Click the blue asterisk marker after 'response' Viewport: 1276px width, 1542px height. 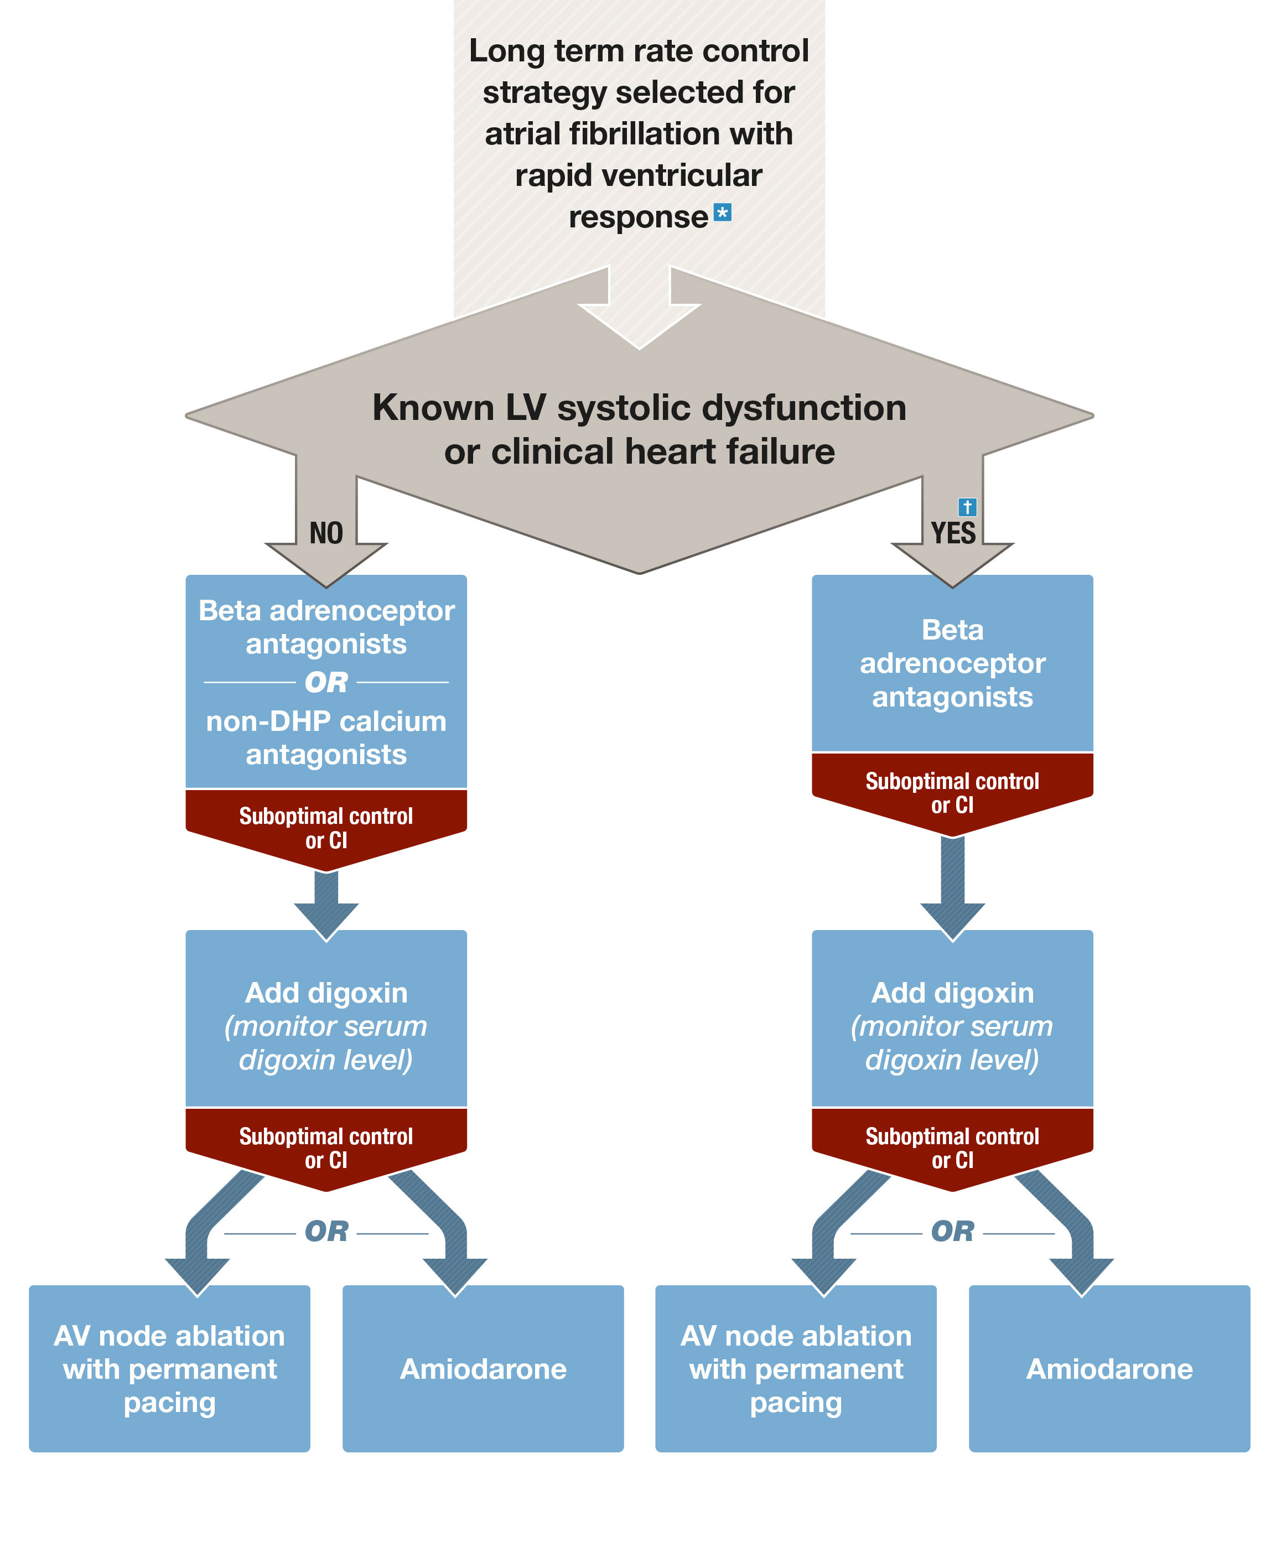723,213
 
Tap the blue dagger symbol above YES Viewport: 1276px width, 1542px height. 967,507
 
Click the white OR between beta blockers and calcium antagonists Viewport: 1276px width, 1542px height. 326,682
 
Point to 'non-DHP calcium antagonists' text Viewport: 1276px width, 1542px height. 326,738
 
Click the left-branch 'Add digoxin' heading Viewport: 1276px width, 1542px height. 326,993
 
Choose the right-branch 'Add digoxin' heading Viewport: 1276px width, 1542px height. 952,993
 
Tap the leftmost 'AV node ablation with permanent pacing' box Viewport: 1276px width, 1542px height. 169,1369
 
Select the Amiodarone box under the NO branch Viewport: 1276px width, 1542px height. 483,1369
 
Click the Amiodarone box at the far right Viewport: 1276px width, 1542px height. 1109,1369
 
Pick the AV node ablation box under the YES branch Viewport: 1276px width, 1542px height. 796,1369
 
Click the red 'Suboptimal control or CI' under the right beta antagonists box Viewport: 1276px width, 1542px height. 952,793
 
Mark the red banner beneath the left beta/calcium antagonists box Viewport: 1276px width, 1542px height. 326,828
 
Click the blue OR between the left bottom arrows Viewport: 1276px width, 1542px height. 326,1232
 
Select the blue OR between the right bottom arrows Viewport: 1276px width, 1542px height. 952,1232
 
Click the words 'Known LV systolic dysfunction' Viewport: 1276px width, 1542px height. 639,408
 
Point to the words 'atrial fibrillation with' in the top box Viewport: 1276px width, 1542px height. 639,134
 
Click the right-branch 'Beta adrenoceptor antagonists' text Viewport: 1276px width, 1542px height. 952,663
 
